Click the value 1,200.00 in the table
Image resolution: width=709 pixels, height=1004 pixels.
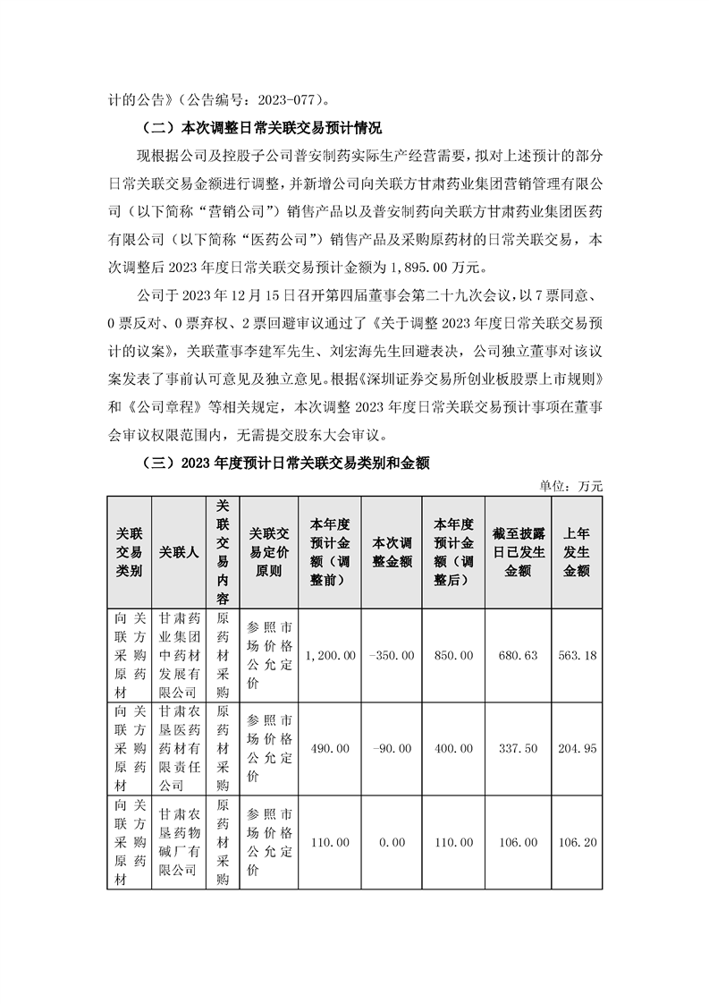332,656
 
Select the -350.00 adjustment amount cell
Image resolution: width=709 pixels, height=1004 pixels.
391,656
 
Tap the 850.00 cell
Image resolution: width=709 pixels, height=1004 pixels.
453,656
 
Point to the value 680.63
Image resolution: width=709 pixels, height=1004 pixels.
519,656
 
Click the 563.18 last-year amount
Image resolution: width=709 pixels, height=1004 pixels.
577,656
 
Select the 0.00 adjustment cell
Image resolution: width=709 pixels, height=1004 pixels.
391,843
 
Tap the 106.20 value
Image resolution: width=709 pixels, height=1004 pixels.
577,843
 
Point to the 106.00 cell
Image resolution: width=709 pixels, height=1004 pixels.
519,843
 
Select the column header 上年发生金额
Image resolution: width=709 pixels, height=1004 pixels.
577,551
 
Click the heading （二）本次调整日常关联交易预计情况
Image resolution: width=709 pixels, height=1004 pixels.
249,127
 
